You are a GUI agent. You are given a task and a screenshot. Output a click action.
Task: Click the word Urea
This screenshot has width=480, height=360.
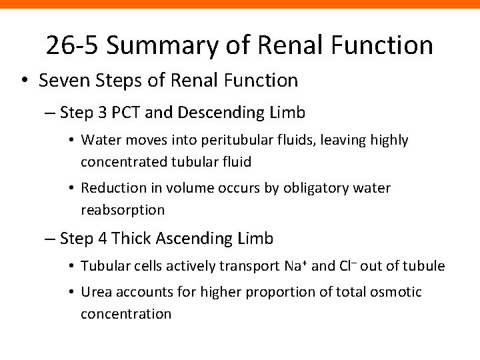point(95,292)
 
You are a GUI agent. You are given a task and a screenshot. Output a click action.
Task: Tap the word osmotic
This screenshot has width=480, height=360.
point(399,292)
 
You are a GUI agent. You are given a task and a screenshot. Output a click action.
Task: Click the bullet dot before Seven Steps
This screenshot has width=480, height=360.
point(24,82)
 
